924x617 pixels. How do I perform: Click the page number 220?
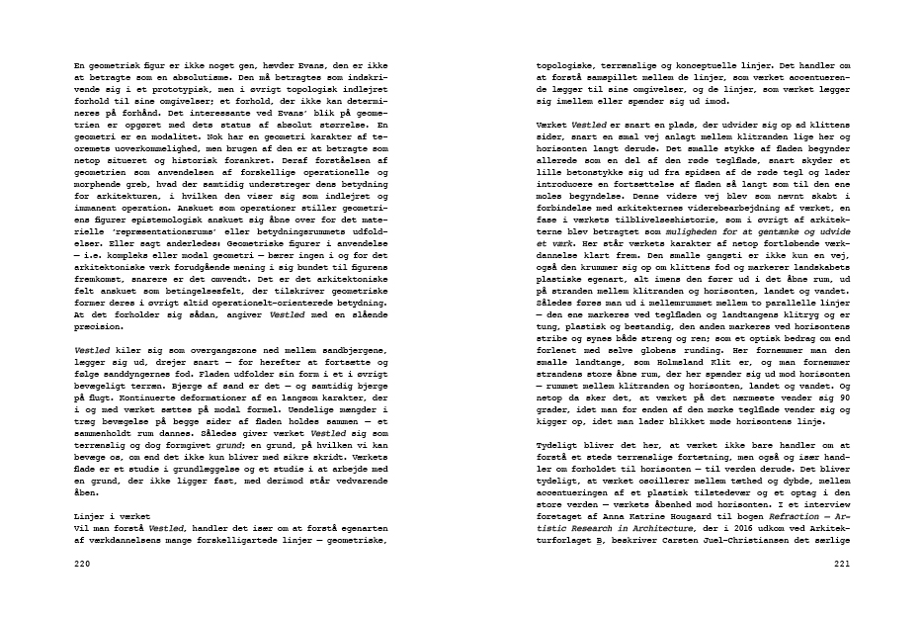(83, 564)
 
